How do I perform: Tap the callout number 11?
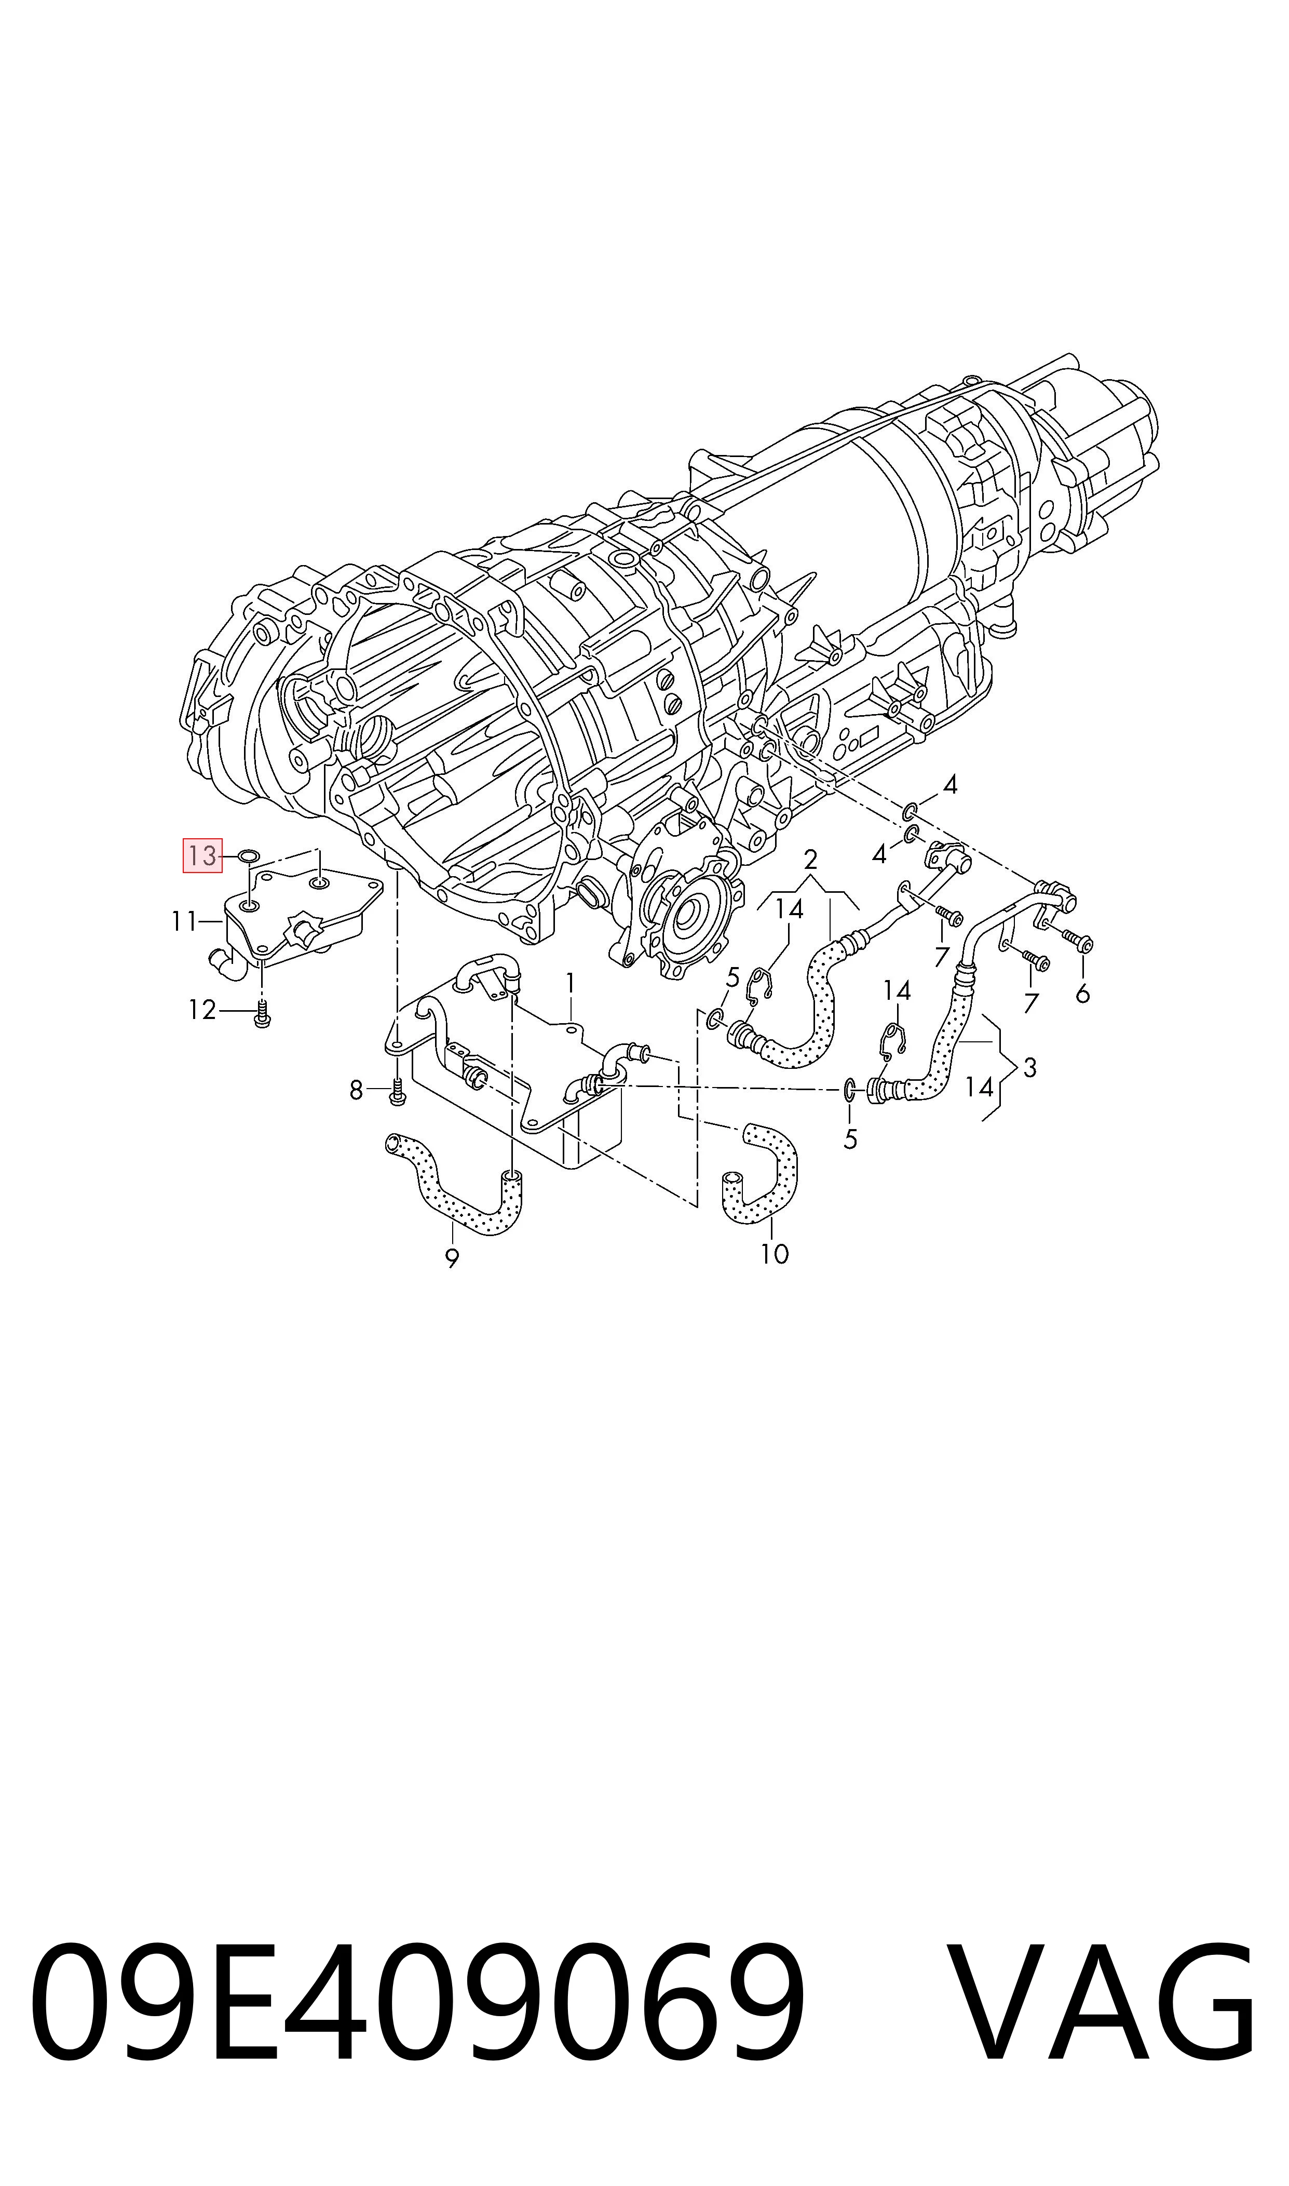click(185, 921)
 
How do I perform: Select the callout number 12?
click(201, 1010)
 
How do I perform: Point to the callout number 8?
click(356, 1090)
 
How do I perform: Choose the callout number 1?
click(570, 983)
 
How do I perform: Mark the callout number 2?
click(810, 860)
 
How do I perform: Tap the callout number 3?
click(1030, 1068)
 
